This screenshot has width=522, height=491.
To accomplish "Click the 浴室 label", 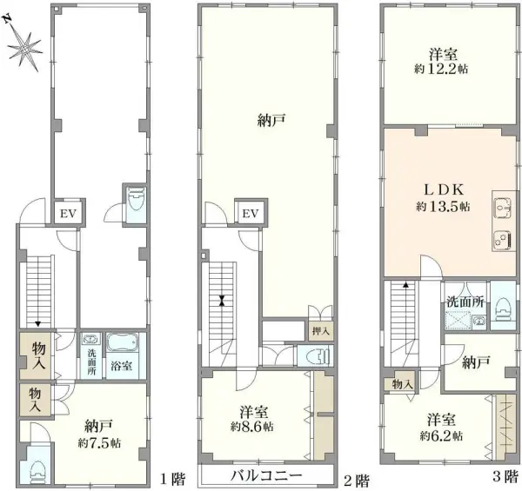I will [122, 366].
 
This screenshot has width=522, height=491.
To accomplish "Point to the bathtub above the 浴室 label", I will [122, 342].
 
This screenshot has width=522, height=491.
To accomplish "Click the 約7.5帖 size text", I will [97, 442].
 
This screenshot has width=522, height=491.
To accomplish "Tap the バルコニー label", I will [266, 476].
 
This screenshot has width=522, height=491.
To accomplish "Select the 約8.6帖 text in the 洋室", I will [252, 428].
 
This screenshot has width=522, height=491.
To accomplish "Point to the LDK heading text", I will [441, 189].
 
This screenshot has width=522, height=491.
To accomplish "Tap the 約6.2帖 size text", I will [440, 435].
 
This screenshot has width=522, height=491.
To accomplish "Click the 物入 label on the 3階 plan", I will [402, 383].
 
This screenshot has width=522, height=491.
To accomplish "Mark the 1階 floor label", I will [171, 479].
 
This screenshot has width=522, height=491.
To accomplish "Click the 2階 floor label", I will [356, 479].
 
